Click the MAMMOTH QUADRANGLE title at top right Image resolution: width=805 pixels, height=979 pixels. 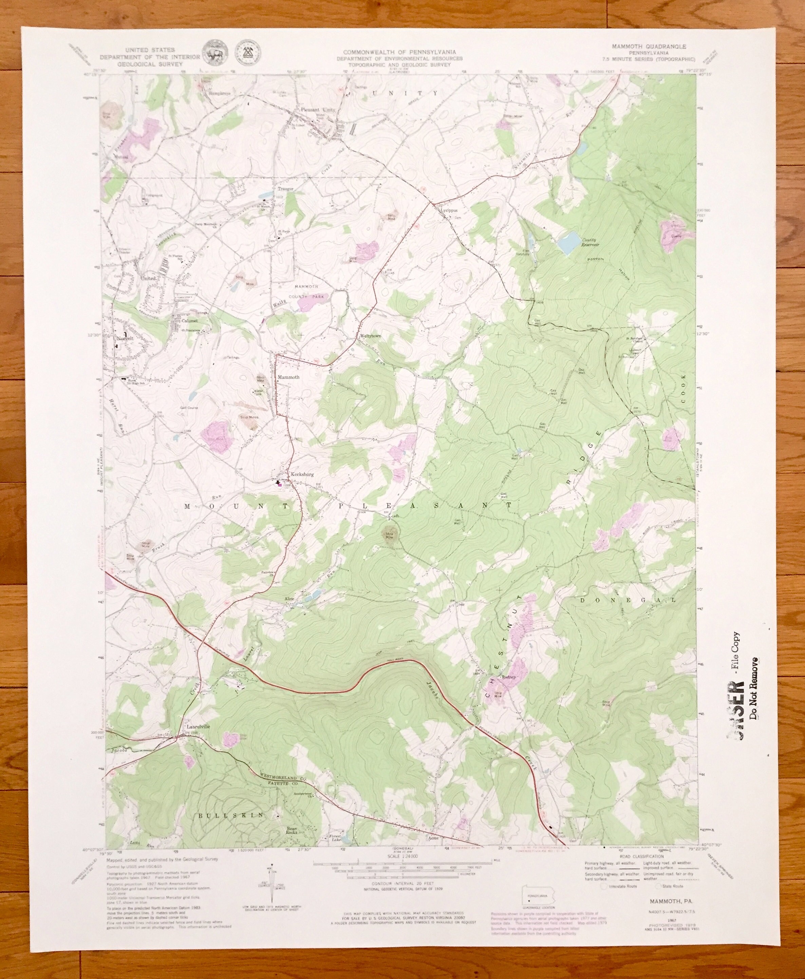[x=647, y=47]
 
